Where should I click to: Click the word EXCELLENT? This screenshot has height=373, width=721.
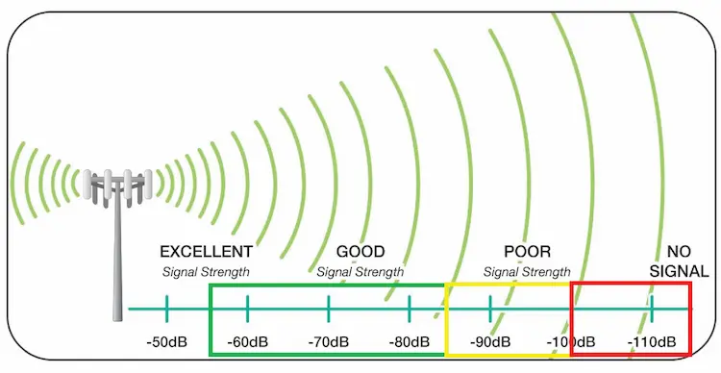coord(206,252)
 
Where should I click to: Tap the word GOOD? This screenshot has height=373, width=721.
coord(360,252)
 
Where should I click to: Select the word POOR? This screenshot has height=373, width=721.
coord(527,252)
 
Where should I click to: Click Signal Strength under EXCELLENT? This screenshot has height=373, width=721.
coord(206,272)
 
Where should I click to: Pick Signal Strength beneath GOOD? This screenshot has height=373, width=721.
coord(360,272)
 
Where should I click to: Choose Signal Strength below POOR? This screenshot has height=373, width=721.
coord(527,272)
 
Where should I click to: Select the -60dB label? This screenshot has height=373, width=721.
coord(248,342)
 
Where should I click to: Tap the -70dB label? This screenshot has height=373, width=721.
coord(329,342)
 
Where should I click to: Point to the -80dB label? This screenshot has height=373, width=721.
coord(410,342)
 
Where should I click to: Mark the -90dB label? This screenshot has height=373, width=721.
coord(491,342)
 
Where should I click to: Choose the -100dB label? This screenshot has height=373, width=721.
coord(572,342)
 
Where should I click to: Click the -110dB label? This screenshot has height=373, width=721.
coord(654,342)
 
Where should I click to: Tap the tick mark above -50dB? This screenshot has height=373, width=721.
coord(166,309)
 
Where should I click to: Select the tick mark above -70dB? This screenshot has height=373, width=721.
coord(329,309)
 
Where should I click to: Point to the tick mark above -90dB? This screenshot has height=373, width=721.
coord(491,309)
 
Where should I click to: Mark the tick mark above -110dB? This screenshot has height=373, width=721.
coord(654,309)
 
